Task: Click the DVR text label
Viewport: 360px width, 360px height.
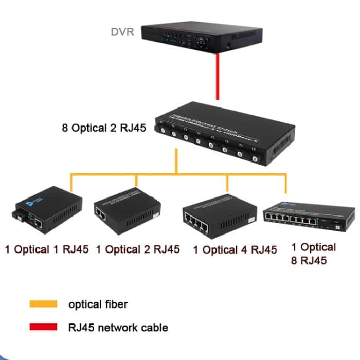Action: pyautogui.click(x=122, y=32)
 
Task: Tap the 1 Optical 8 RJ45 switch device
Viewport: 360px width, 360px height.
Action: pyautogui.click(x=309, y=216)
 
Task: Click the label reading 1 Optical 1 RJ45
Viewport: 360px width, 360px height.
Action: pyautogui.click(x=47, y=250)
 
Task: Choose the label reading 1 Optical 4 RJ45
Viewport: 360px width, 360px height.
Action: pyautogui.click(x=235, y=250)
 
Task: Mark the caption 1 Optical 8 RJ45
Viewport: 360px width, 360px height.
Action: pyautogui.click(x=313, y=254)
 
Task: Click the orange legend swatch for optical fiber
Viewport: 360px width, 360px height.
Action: pyautogui.click(x=43, y=304)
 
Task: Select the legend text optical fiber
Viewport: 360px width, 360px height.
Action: pyautogui.click(x=98, y=304)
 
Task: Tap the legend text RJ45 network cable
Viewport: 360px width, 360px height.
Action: pyautogui.click(x=118, y=327)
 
